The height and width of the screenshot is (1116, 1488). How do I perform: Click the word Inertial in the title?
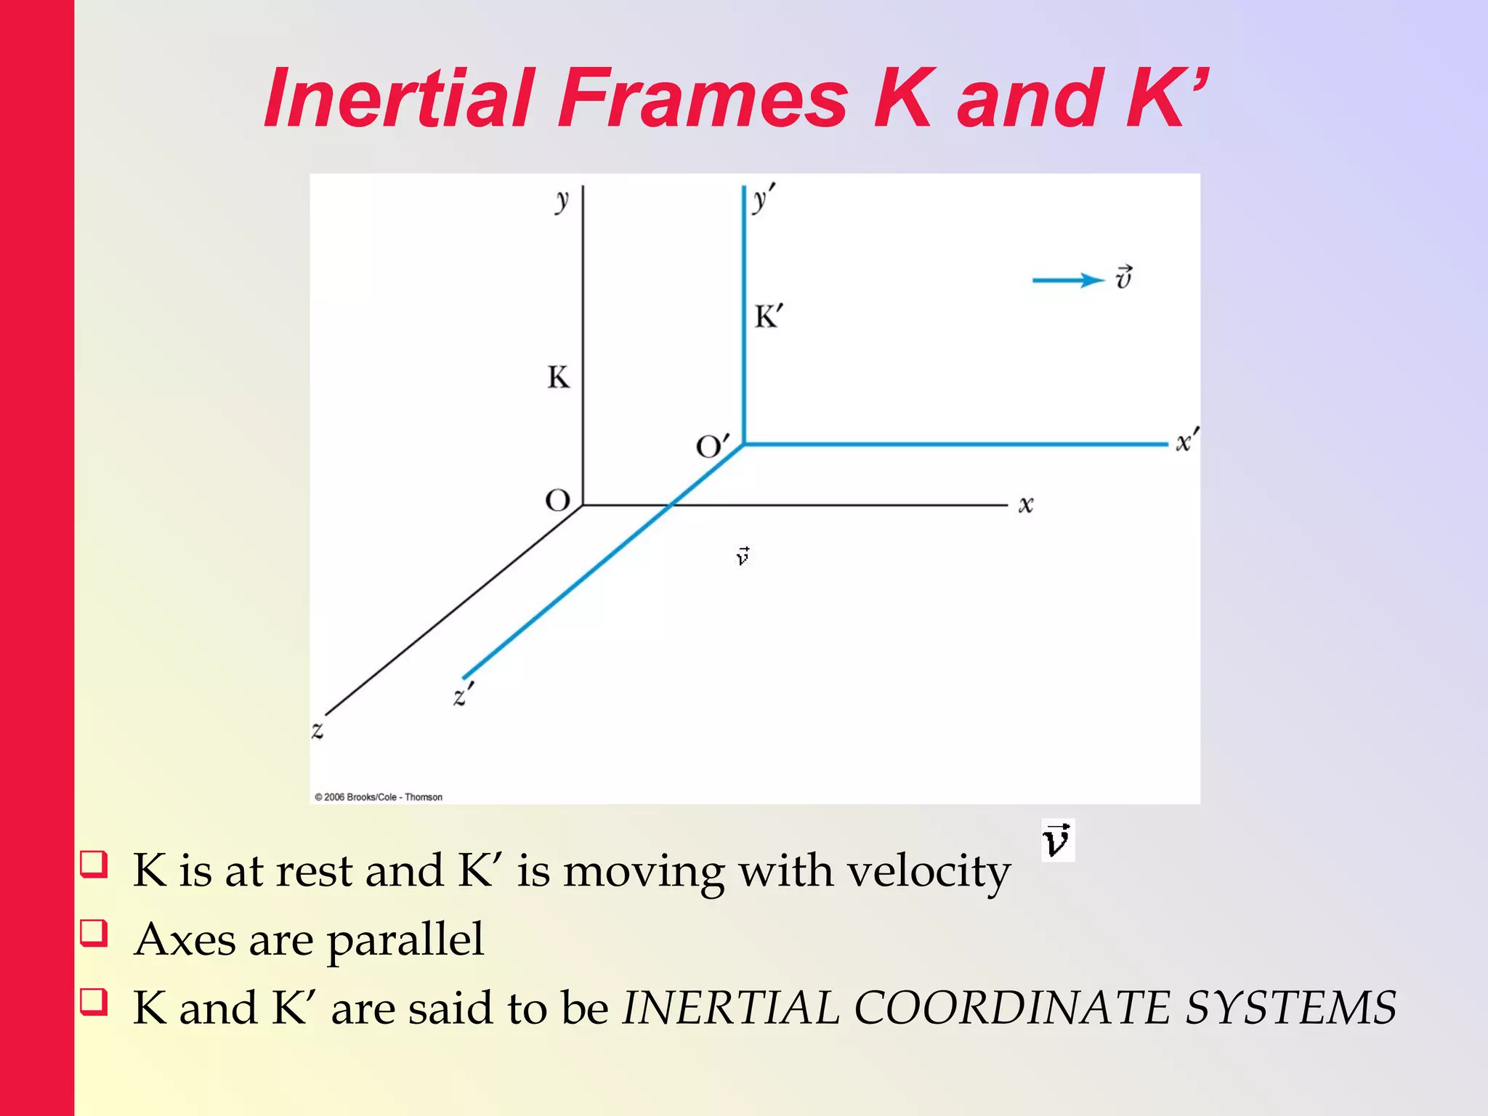click(x=399, y=98)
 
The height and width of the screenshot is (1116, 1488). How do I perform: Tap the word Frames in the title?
click(x=703, y=98)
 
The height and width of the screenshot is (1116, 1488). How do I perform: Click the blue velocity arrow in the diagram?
click(x=1067, y=280)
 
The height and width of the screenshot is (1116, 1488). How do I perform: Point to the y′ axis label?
click(x=762, y=198)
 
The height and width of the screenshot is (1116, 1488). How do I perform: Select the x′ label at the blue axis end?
click(x=1186, y=440)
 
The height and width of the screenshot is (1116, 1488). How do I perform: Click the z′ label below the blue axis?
click(x=463, y=695)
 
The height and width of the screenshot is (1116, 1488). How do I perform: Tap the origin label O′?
click(x=711, y=445)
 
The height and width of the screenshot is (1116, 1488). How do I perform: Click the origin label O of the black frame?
click(x=558, y=501)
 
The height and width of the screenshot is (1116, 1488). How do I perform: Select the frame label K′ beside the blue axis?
click(x=768, y=317)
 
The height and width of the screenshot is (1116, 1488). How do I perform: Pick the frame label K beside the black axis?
click(x=558, y=378)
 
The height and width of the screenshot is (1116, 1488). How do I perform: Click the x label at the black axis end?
click(x=1025, y=504)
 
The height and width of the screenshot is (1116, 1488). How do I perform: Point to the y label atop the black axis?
click(x=562, y=200)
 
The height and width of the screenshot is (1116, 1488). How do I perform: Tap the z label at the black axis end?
click(x=318, y=730)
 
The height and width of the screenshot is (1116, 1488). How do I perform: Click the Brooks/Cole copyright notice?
click(x=379, y=797)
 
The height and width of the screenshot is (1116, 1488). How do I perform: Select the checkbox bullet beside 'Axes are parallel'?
click(x=94, y=934)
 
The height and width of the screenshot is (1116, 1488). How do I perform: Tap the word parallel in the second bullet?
click(x=405, y=939)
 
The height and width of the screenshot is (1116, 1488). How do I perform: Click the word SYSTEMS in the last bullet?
click(x=1290, y=1008)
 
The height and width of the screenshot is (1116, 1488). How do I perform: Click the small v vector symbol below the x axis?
click(x=743, y=556)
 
